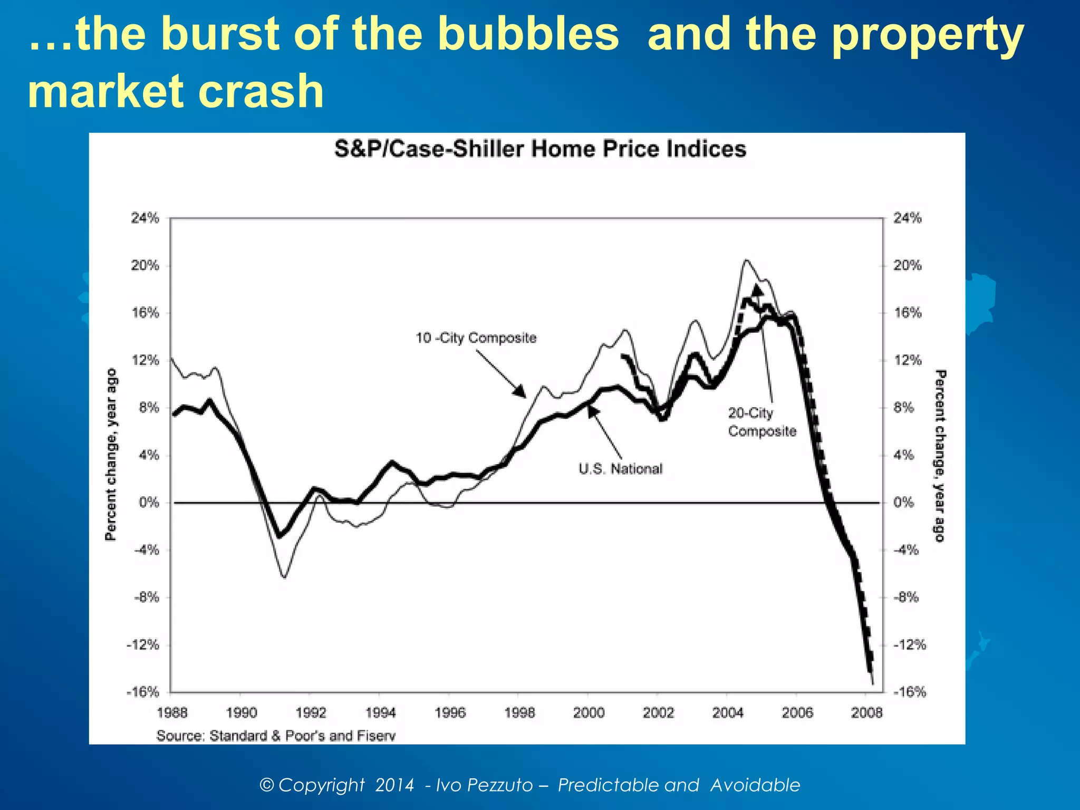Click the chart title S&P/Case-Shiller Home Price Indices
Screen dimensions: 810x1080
pos(540,149)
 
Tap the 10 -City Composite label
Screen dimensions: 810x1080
pos(476,338)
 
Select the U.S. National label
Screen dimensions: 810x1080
pos(620,469)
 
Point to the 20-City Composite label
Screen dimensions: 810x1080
pos(762,422)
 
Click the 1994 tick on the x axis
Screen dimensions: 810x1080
pos(380,713)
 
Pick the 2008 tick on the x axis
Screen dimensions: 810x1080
pos(866,713)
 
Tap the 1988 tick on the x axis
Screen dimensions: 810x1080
pos(172,713)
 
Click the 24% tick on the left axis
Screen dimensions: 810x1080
pos(145,218)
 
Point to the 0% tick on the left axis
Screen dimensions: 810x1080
pos(149,503)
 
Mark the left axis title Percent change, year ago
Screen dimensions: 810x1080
pos(111,455)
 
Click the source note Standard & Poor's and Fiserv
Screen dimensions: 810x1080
pos(276,736)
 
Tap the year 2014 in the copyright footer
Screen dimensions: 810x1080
pos(394,785)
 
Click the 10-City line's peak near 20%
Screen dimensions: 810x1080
pos(746,260)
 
